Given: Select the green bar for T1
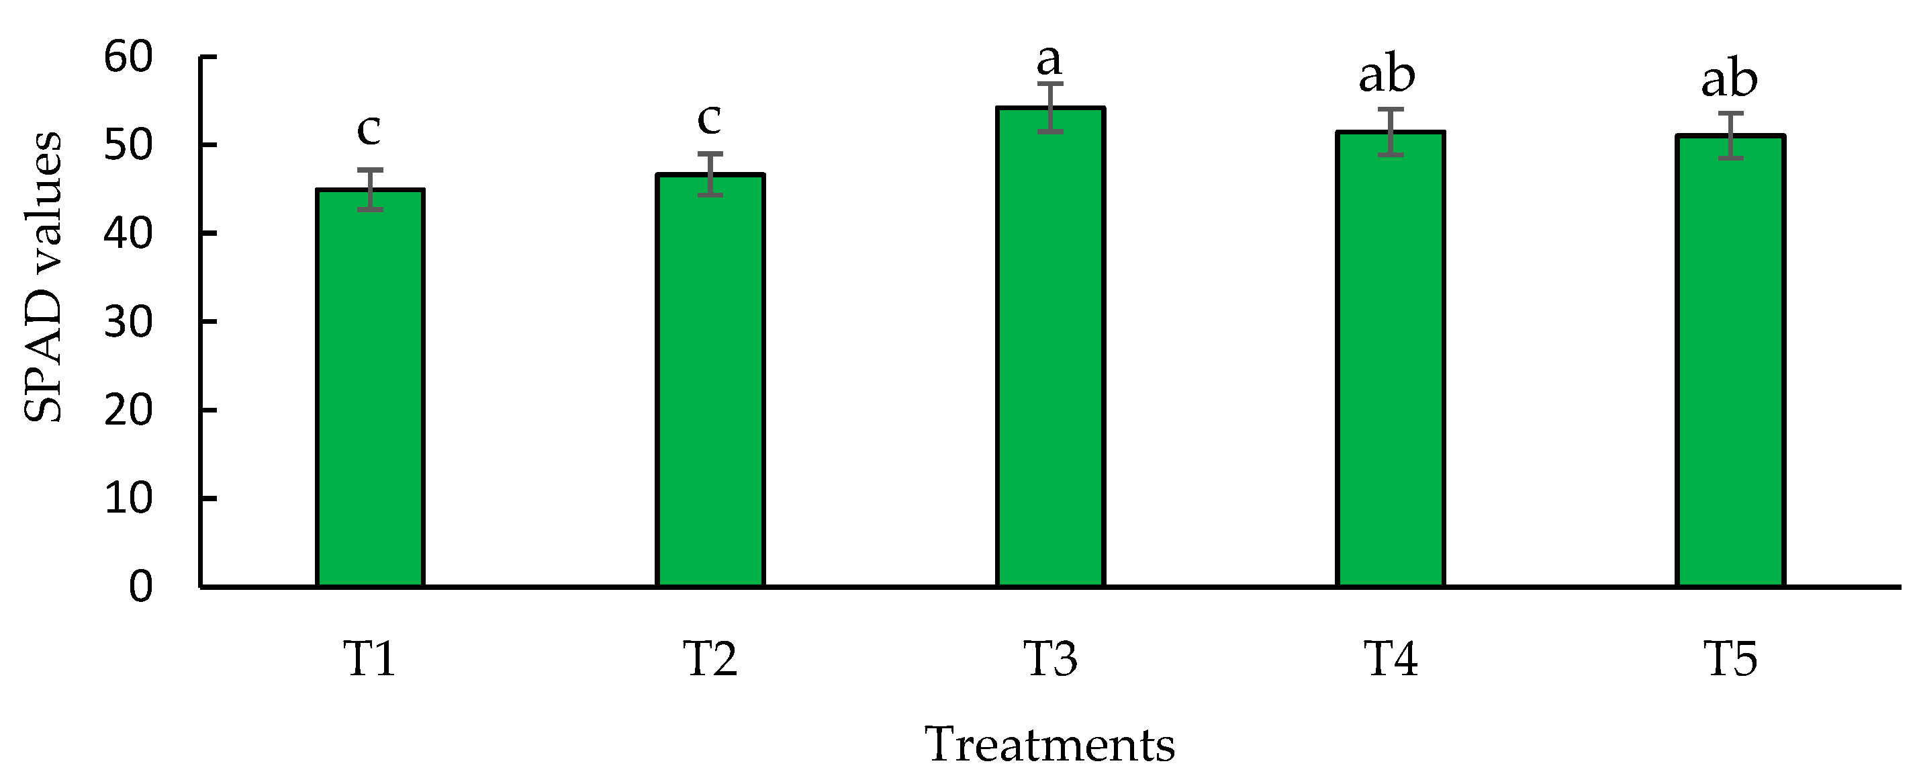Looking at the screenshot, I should tap(370, 387).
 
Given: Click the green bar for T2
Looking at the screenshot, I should tap(710, 380).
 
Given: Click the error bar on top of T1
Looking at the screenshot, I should tap(370, 189).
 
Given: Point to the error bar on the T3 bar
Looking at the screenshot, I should tap(1050, 108).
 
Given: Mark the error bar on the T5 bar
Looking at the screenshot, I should tap(1730, 136).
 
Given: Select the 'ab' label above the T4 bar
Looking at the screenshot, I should tap(1387, 75).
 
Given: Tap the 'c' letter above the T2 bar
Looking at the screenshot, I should tap(709, 119).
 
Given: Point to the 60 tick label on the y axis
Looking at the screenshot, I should tap(128, 57).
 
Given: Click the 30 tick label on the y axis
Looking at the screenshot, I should tap(128, 322).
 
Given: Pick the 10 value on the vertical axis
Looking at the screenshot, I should tap(128, 499).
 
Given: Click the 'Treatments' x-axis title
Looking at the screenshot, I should tap(1049, 745).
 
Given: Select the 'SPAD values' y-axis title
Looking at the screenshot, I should tap(43, 277).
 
